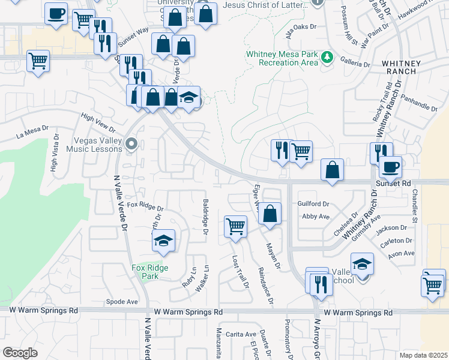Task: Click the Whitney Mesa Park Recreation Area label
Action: click(282, 58)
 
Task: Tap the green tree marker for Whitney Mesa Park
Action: click(327, 58)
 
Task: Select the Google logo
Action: click(20, 353)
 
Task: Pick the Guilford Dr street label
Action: click(313, 204)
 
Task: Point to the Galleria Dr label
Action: click(356, 63)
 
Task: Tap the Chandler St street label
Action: click(414, 207)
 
